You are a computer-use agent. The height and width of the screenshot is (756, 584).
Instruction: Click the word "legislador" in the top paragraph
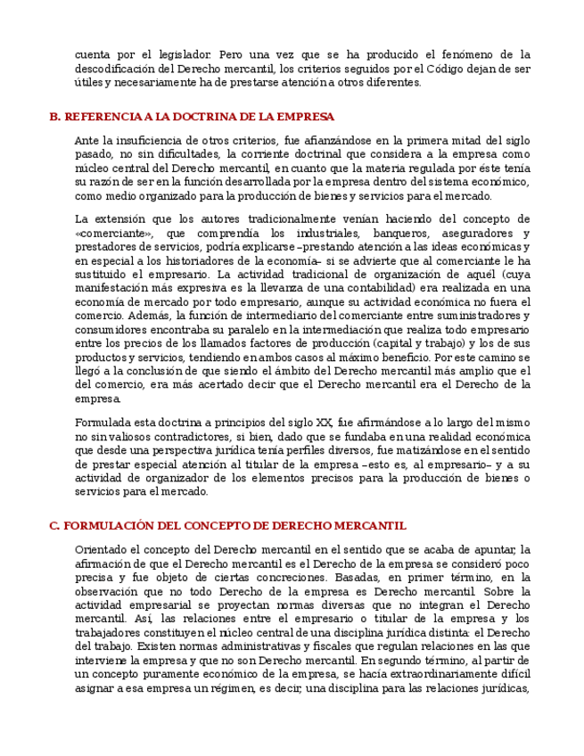184,54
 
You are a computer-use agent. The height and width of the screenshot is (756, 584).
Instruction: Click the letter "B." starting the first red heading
54,117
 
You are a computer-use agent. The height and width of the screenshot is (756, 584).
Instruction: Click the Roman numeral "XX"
324,423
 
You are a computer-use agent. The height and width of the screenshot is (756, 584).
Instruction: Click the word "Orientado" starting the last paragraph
101,549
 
